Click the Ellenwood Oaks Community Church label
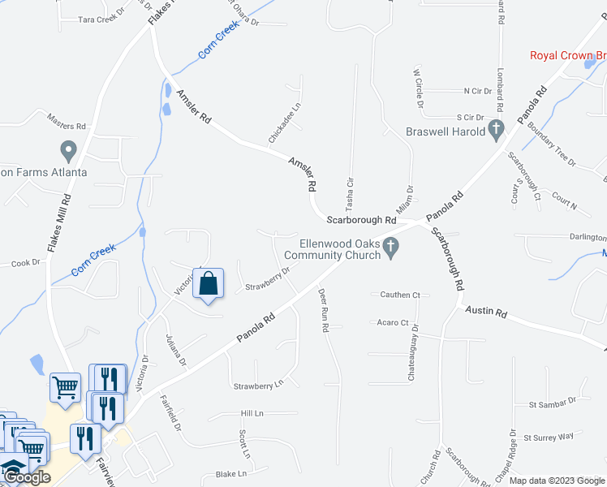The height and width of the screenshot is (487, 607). click(x=339, y=249)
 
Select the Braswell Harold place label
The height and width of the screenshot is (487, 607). click(x=446, y=131)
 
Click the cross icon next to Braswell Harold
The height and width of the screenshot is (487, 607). click(x=496, y=130)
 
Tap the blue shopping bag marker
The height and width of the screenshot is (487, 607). click(x=209, y=284)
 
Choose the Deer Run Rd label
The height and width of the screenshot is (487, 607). click(x=323, y=310)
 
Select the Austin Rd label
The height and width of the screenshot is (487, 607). click(x=485, y=312)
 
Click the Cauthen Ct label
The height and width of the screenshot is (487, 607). click(x=398, y=295)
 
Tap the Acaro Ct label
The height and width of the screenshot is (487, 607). click(x=393, y=322)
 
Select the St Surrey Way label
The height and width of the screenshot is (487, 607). click(x=549, y=437)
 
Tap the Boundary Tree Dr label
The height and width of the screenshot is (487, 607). click(x=551, y=144)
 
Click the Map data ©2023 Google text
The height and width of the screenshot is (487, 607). click(x=557, y=481)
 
